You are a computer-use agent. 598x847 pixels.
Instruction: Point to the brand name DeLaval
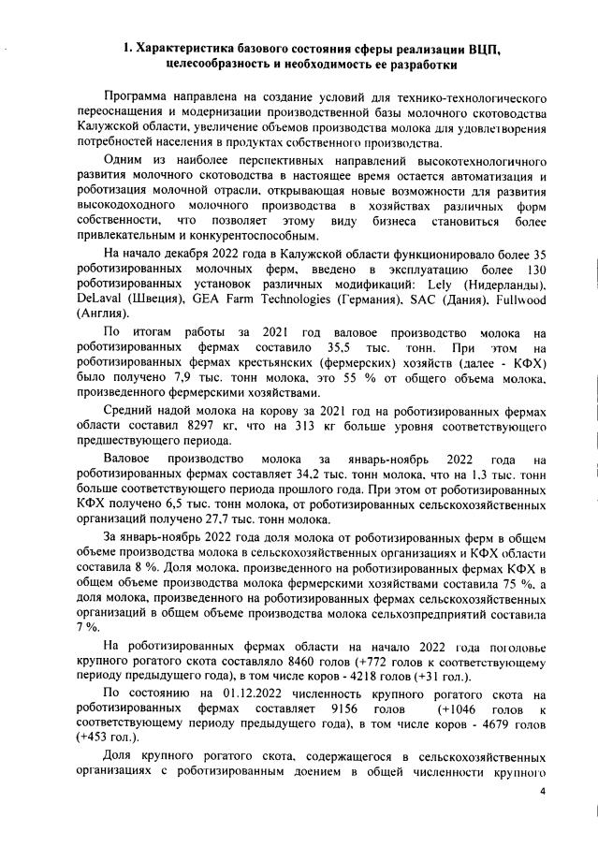tap(98, 299)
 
